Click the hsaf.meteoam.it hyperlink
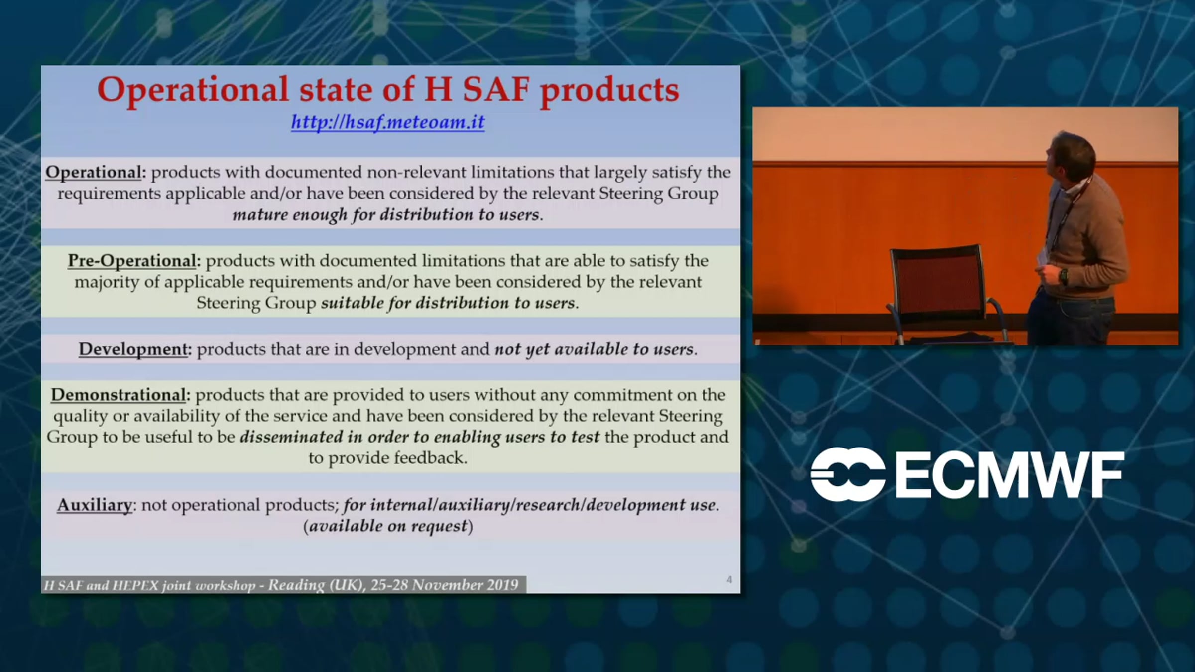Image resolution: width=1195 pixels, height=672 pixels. tap(388, 122)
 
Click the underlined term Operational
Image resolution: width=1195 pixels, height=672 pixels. tap(93, 172)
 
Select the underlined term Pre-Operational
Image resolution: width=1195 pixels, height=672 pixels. tap(132, 261)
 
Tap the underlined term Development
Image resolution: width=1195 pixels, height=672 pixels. tap(132, 349)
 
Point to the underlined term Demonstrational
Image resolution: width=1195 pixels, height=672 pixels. tap(118, 395)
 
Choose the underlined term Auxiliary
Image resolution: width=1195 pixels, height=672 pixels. tap(95, 505)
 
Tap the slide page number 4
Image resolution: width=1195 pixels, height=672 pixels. tap(729, 579)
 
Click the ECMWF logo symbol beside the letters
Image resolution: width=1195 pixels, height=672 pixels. tap(848, 474)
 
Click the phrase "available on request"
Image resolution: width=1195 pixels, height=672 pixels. tap(388, 526)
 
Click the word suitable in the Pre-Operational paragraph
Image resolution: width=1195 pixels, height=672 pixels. tap(352, 303)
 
